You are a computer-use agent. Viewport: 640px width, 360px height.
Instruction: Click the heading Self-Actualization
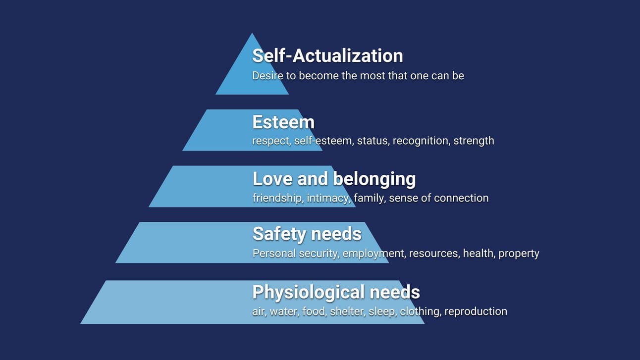327,55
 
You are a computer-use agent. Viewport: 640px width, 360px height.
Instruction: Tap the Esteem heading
283,122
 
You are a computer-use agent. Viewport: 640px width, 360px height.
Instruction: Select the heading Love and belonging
334,178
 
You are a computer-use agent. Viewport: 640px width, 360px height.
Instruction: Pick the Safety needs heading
307,233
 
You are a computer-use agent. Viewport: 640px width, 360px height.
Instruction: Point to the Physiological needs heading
336,292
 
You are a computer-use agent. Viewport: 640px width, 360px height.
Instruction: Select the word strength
474,141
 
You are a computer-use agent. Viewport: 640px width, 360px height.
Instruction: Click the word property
519,254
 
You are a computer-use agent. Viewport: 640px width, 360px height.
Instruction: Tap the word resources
434,254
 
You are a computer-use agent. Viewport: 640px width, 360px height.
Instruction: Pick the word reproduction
476,311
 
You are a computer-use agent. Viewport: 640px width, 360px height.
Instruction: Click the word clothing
420,311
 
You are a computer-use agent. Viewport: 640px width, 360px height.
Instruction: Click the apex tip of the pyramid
252,34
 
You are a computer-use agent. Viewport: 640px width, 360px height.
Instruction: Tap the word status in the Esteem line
373,141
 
